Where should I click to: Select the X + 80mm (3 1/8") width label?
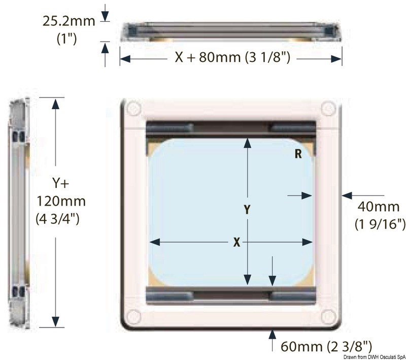tap(232, 58)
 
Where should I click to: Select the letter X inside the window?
tap(236, 243)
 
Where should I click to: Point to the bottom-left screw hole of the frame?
tap(133, 314)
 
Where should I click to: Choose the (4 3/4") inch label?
tap(60, 219)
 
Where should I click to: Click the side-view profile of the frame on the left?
tap(19, 213)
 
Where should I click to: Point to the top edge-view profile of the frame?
tap(230, 31)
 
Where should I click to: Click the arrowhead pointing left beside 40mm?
tap(346, 194)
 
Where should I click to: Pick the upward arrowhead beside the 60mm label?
tap(273, 334)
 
